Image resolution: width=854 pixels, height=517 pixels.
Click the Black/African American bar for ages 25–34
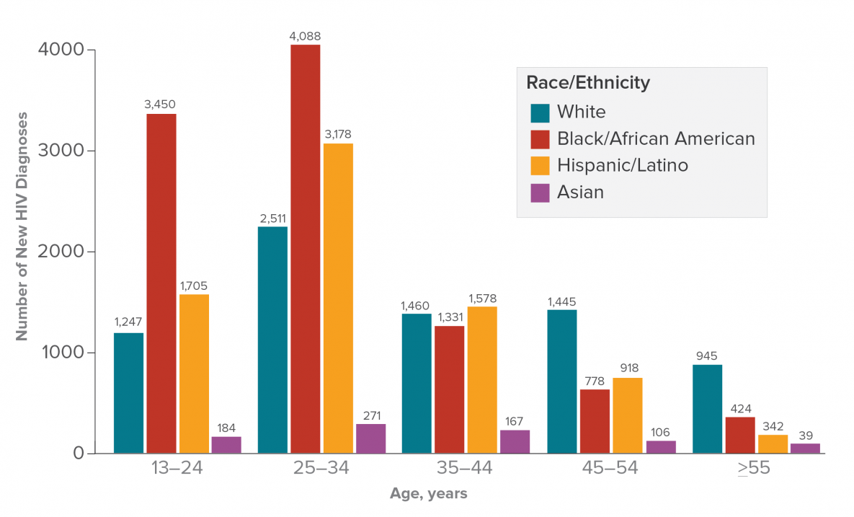point(306,249)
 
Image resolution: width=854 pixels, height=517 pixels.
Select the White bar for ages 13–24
point(128,393)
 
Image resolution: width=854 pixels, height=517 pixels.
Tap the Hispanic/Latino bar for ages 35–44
point(482,380)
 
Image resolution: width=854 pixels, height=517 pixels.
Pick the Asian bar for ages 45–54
point(661,447)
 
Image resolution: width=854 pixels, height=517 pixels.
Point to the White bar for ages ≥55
point(707,409)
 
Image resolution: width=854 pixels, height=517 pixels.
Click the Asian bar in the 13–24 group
point(226,445)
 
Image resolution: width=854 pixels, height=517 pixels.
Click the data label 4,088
point(306,35)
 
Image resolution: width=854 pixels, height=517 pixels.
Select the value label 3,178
point(338,134)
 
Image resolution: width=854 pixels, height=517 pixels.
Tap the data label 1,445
point(562,301)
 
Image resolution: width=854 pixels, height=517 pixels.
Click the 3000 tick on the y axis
point(68,151)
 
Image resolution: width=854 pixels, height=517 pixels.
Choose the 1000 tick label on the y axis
point(68,353)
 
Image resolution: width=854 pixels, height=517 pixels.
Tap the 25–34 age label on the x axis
point(321,468)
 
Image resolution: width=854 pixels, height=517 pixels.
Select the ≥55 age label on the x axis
point(754,468)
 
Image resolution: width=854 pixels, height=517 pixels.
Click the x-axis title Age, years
point(428,494)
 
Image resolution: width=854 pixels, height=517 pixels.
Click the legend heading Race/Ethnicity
point(588,83)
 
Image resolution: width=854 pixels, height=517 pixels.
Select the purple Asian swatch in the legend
point(540,193)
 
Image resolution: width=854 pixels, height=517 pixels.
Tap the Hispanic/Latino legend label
point(623,165)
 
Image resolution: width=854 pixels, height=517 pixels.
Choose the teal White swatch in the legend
point(540,112)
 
